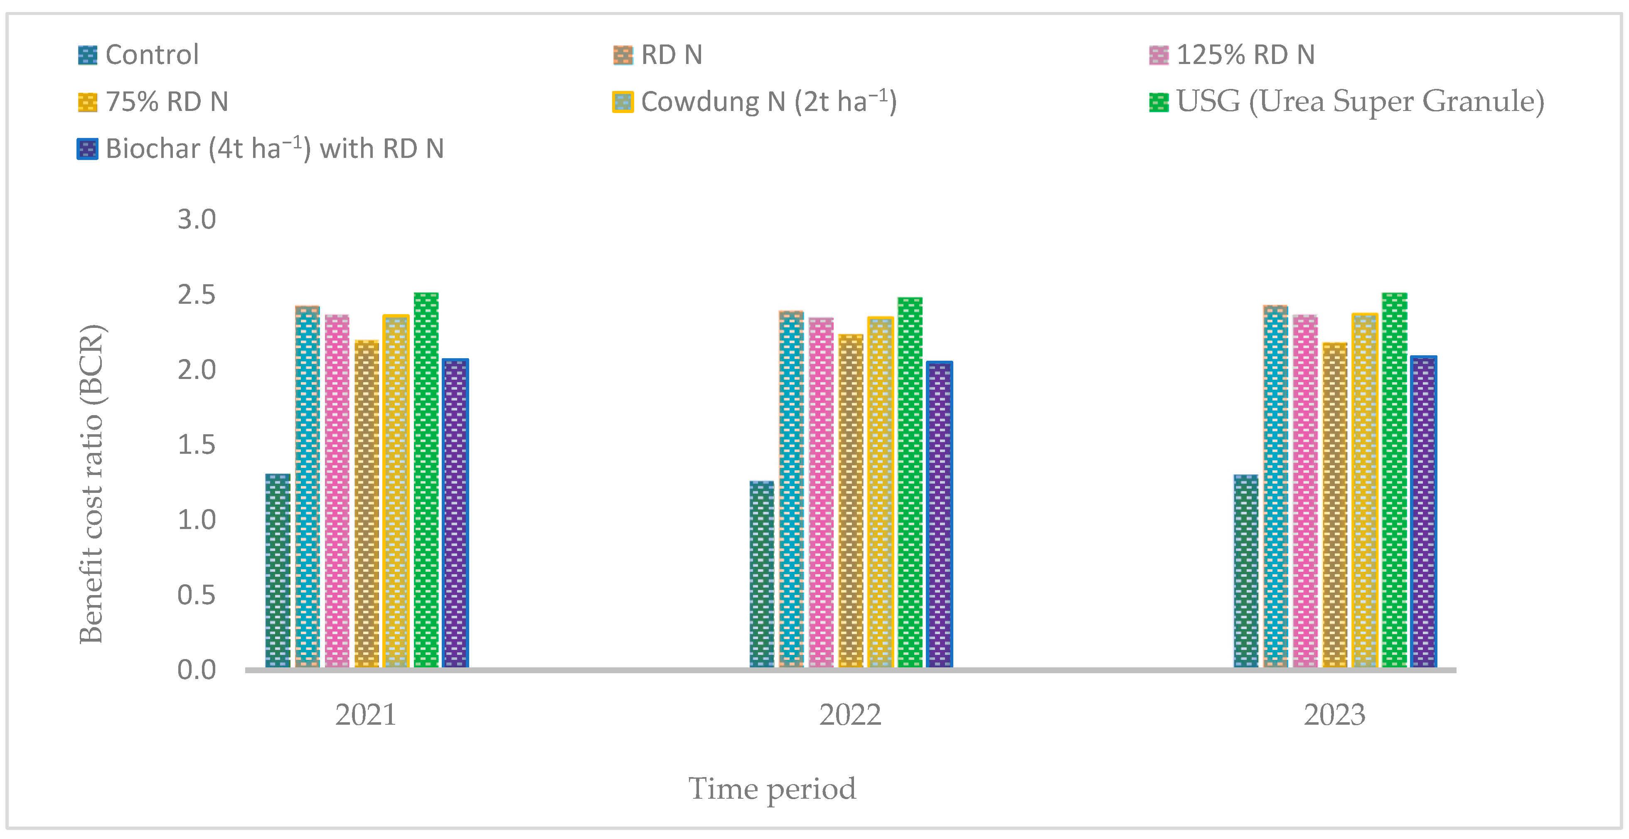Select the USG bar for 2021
(x=426, y=480)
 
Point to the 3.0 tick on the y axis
(x=197, y=219)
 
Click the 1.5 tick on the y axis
(x=197, y=445)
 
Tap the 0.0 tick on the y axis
(x=197, y=669)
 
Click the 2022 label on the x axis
(x=850, y=715)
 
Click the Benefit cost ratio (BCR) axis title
(x=92, y=484)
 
